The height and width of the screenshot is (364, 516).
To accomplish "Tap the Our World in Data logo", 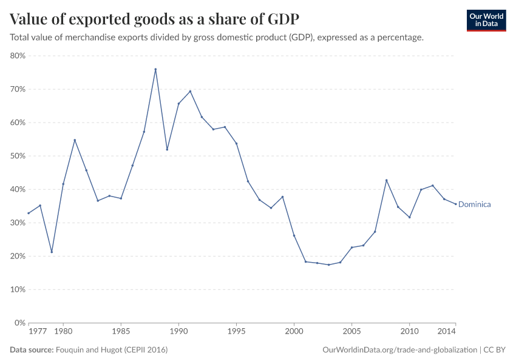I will [486, 20].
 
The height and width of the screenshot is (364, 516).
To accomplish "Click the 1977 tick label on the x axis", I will [37, 332].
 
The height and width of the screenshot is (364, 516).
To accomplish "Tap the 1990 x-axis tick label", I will [178, 332].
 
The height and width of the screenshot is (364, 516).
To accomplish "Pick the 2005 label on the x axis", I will [351, 332].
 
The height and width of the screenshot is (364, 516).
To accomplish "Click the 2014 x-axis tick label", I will [447, 332].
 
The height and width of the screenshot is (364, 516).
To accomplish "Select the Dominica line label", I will [474, 204].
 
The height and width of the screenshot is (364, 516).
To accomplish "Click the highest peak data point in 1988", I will [155, 69].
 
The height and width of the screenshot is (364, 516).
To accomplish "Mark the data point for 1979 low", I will [52, 252].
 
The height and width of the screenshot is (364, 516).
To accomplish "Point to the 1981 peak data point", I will [75, 140].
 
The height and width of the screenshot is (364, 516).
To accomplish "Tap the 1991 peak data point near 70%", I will [190, 91].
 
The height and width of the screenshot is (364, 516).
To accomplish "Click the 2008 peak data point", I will [386, 180].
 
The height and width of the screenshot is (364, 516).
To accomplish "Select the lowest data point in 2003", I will [328, 265].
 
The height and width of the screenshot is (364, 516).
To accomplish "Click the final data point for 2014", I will [455, 204].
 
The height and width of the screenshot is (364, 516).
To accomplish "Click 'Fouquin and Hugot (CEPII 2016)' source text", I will [112, 350].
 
